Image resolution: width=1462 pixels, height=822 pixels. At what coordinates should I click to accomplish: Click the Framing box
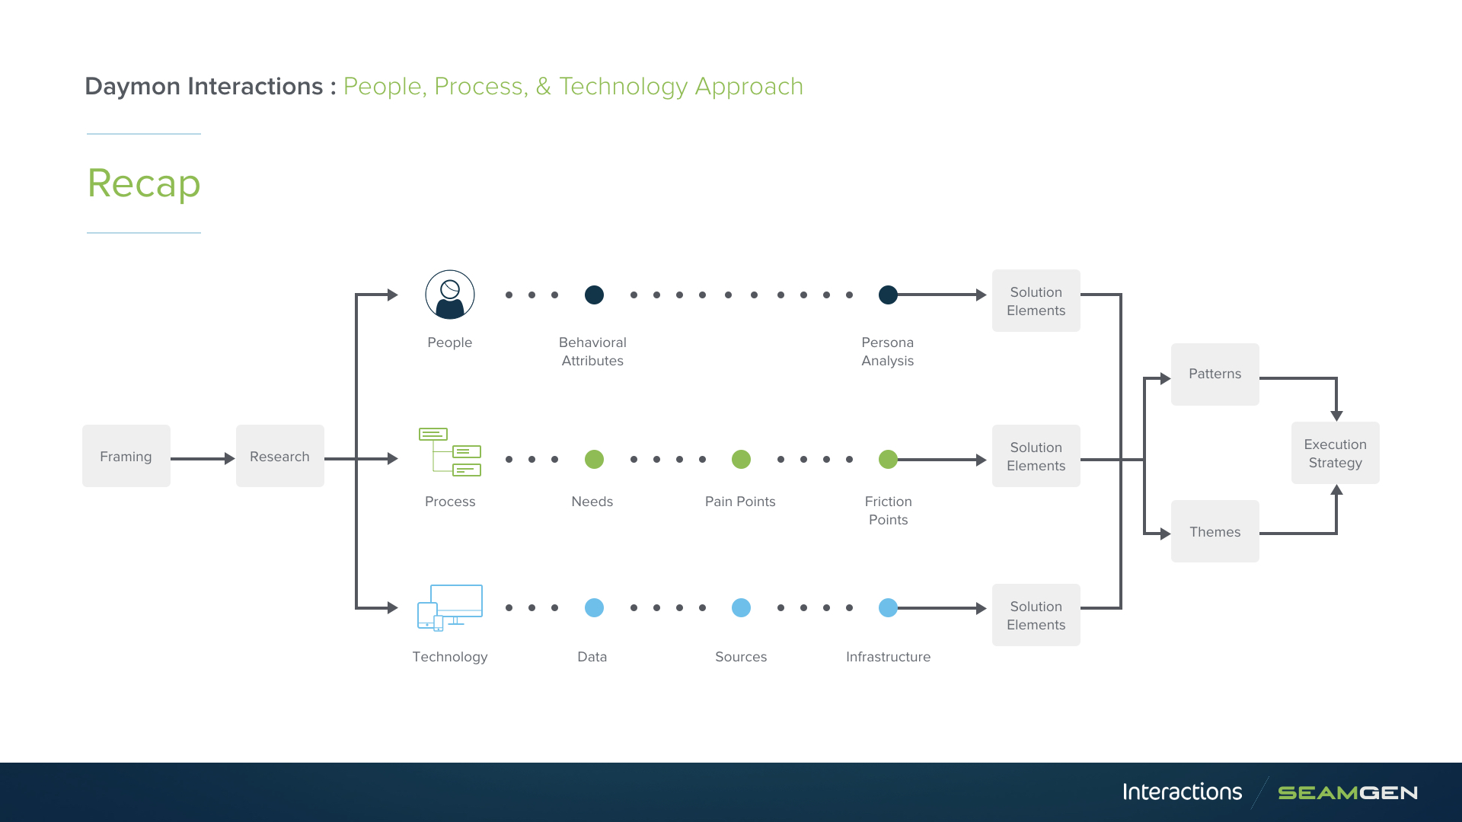click(126, 456)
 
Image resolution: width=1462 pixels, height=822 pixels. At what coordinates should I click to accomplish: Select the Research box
click(280, 456)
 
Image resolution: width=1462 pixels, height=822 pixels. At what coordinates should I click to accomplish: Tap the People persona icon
click(450, 295)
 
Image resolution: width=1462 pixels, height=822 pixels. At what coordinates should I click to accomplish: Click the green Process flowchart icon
click(450, 452)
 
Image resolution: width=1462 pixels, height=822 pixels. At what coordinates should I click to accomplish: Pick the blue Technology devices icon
click(450, 607)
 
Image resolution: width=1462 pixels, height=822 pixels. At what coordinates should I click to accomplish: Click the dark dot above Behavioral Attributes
click(594, 295)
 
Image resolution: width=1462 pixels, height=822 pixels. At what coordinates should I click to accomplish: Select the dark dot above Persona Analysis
click(888, 295)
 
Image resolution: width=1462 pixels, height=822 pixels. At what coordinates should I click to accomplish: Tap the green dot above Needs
click(594, 459)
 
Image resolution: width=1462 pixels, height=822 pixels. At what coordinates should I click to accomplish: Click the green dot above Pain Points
click(741, 459)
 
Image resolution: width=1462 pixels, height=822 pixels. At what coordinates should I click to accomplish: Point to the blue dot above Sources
click(741, 607)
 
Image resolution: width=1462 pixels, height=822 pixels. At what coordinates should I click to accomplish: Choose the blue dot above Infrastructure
click(888, 607)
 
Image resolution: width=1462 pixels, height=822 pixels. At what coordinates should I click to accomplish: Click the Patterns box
click(1215, 374)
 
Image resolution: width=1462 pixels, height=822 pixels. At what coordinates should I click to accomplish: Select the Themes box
click(1215, 531)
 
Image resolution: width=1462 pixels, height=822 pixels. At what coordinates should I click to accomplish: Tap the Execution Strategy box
click(1336, 453)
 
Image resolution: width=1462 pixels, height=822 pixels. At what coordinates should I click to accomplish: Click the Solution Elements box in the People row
click(1036, 301)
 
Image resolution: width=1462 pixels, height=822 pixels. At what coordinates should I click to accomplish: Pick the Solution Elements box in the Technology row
click(1036, 615)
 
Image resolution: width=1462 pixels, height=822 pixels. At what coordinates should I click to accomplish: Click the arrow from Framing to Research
click(203, 458)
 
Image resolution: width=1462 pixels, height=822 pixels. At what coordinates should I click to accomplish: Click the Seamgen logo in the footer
click(1348, 793)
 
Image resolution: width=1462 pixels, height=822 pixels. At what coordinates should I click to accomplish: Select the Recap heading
click(144, 183)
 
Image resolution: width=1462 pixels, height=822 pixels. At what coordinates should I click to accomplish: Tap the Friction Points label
click(888, 511)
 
